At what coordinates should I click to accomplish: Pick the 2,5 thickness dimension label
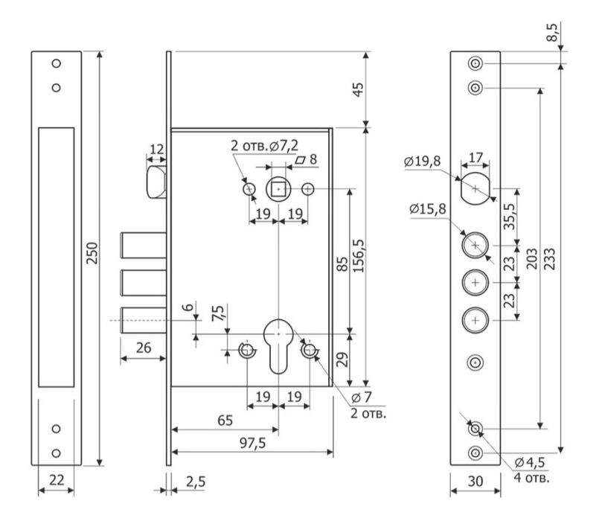pyautogui.click(x=196, y=482)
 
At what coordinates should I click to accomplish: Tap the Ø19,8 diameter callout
pyautogui.click(x=422, y=162)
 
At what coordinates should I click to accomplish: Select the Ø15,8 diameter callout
pyautogui.click(x=427, y=210)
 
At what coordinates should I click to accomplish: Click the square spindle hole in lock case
pyautogui.click(x=278, y=190)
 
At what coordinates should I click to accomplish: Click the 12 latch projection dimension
pyautogui.click(x=156, y=150)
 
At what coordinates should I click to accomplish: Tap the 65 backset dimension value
pyautogui.click(x=224, y=421)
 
